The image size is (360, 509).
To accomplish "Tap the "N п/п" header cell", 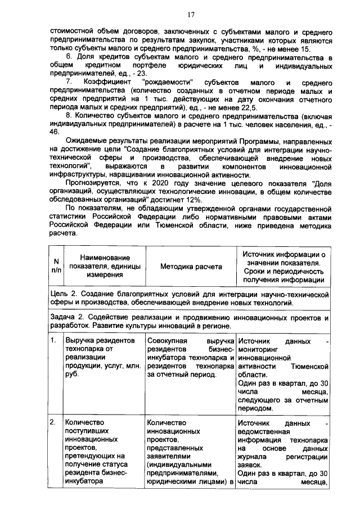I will (x=55, y=266).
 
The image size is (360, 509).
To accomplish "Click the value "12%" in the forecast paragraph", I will (x=192, y=201).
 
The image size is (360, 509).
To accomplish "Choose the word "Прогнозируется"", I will (x=93, y=183).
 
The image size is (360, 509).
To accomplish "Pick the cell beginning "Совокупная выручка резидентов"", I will (x=190, y=358).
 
